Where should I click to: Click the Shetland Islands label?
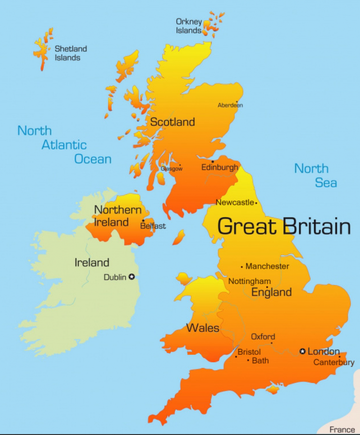click(x=71, y=53)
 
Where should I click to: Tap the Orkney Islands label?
click(x=189, y=26)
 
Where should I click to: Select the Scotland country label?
click(x=172, y=122)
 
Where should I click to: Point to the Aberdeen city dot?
click(x=237, y=102)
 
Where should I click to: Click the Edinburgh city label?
click(x=220, y=168)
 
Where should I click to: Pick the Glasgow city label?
click(x=172, y=169)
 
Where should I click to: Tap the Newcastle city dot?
click(x=256, y=203)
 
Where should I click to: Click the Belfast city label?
click(x=153, y=226)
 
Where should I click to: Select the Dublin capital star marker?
click(x=132, y=277)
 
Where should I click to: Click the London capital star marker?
click(x=302, y=351)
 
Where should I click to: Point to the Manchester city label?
click(x=267, y=266)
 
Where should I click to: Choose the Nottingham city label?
click(x=249, y=281)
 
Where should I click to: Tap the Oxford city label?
click(x=263, y=336)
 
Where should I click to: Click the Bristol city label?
click(x=249, y=351)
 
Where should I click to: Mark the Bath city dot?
click(x=248, y=360)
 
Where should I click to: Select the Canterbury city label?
click(x=334, y=362)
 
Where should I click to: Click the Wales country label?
click(x=203, y=328)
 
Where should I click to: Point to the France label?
click(x=342, y=429)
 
